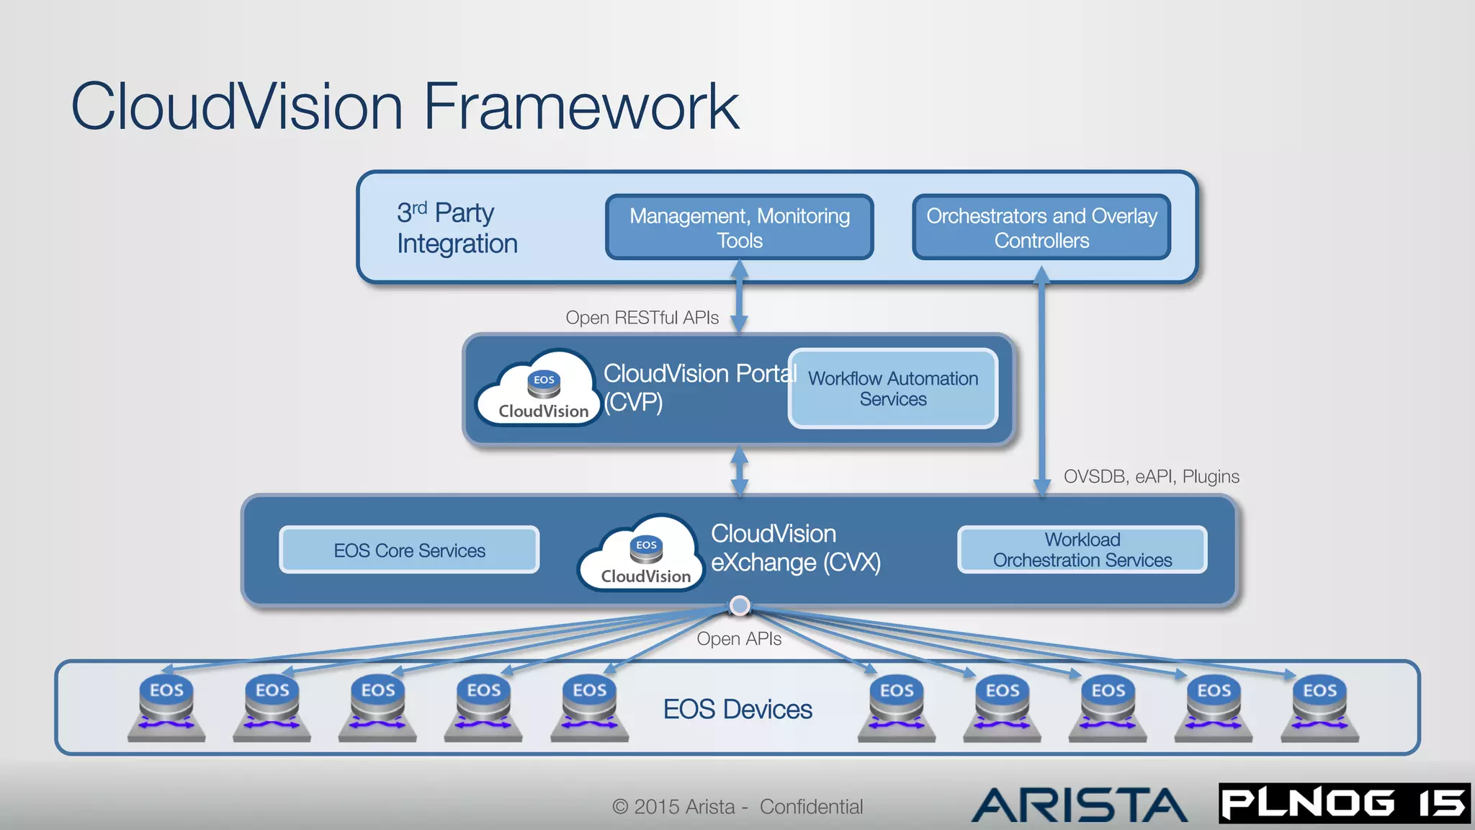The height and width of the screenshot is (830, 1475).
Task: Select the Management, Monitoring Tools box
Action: click(x=739, y=227)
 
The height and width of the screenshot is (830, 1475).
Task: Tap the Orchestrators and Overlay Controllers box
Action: click(x=1041, y=227)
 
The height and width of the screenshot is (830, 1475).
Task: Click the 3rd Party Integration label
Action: click(x=457, y=228)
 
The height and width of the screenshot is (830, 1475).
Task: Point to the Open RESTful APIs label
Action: click(x=642, y=318)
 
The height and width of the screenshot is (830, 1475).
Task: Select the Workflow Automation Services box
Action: click(x=892, y=388)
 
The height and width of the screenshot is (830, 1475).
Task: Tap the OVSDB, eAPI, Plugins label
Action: click(x=1151, y=476)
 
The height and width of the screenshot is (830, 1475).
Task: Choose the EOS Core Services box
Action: click(x=409, y=550)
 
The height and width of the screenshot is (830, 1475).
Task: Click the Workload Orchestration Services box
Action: click(x=1082, y=550)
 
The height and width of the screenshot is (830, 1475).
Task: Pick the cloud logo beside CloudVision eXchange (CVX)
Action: click(x=642, y=553)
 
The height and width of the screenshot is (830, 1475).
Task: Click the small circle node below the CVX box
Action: click(x=740, y=606)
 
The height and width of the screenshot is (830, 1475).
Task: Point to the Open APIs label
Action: click(x=738, y=638)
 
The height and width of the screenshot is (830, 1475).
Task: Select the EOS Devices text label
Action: click(x=737, y=709)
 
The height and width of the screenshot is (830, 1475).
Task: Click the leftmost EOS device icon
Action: click(x=166, y=708)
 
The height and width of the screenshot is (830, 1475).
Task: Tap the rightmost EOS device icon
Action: click(x=1319, y=708)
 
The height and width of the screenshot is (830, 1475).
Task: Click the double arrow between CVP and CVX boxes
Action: click(x=740, y=470)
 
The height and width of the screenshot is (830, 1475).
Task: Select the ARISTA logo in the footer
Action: click(x=1078, y=805)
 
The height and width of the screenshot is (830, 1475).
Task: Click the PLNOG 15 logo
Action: click(x=1343, y=803)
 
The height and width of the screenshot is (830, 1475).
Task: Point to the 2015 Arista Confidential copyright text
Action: click(x=737, y=806)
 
